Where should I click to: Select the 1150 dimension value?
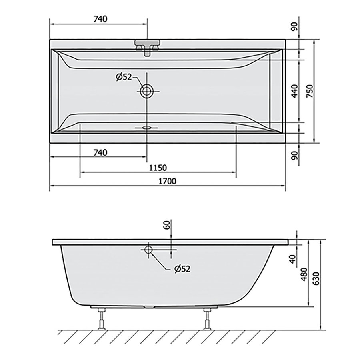pyautogui.click(x=158, y=167)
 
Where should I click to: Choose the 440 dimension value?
pyautogui.click(x=295, y=92)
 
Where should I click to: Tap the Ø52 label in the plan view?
pyautogui.click(x=124, y=78)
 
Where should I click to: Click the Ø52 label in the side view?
pyautogui.click(x=182, y=269)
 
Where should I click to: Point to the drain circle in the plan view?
pyautogui.click(x=146, y=91)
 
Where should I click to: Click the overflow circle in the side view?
pyautogui.click(x=148, y=250)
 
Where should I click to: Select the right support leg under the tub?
pyautogui.click(x=208, y=319)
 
